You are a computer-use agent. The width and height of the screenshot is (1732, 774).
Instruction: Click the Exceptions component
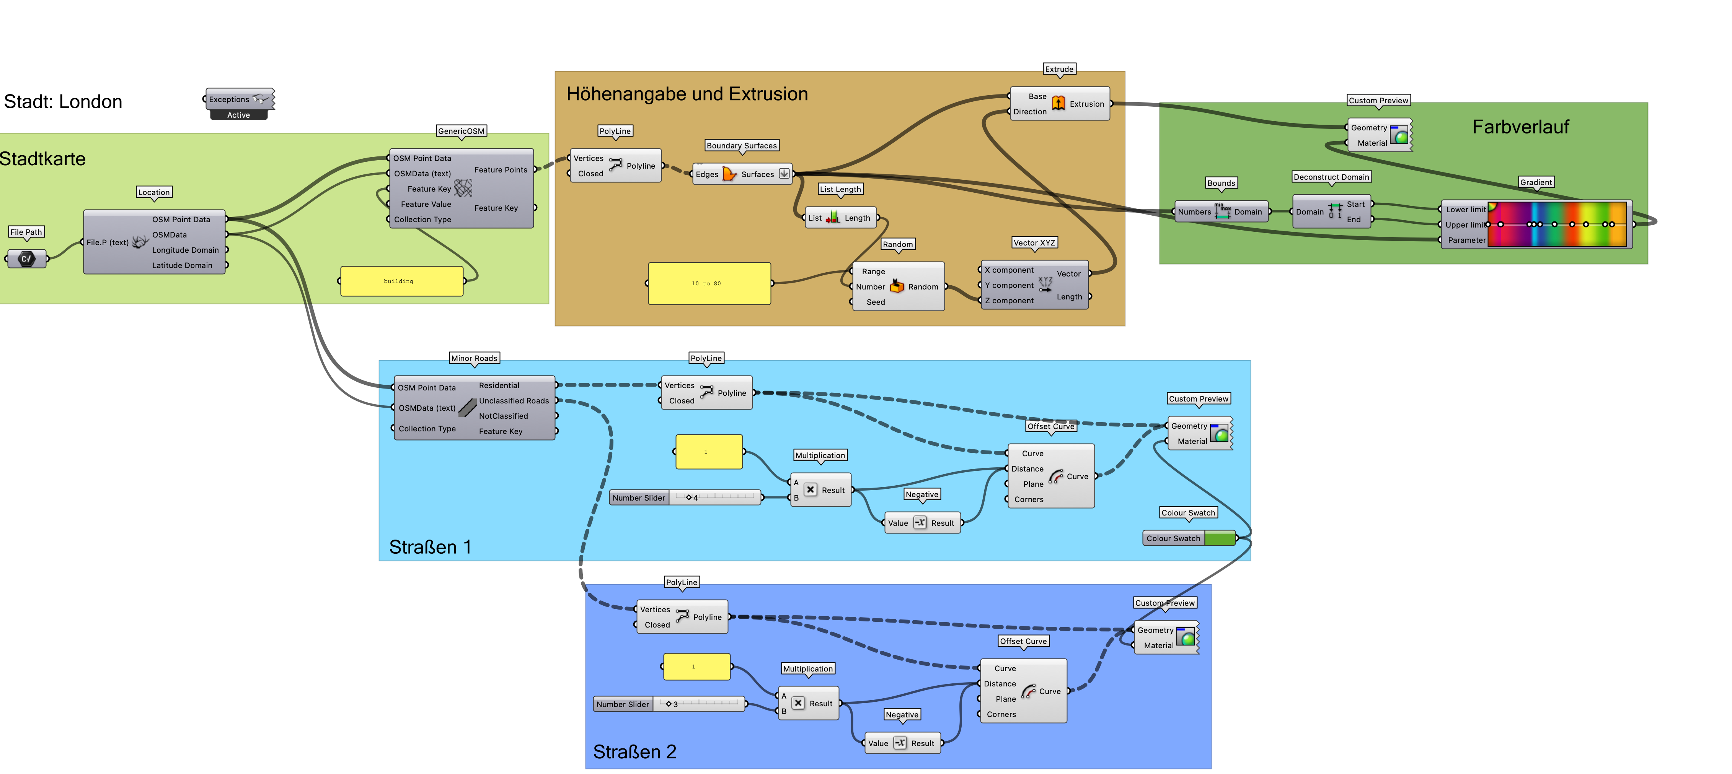239,99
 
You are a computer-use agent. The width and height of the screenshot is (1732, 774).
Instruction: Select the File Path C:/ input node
26,259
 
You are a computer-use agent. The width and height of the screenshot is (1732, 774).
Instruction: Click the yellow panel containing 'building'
401,281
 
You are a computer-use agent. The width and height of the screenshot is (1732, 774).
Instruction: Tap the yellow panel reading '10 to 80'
709,283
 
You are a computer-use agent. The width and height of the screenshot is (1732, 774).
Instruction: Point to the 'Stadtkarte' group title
42,159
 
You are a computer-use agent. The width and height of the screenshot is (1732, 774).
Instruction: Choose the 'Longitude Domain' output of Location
185,250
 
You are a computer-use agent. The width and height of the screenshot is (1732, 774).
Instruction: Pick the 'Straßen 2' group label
634,751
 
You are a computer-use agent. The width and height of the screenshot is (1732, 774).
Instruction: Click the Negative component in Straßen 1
920,523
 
